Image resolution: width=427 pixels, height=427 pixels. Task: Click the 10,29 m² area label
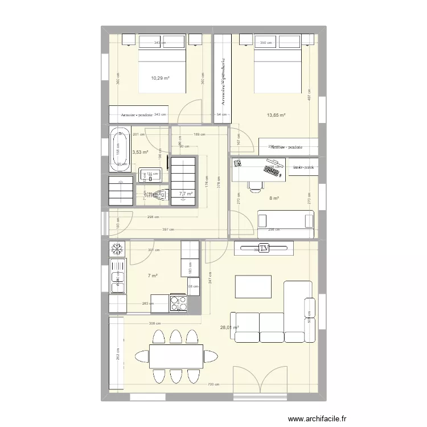point(160,78)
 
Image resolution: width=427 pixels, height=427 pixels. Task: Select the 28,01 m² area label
point(229,327)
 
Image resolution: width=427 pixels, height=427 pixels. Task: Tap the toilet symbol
point(159,196)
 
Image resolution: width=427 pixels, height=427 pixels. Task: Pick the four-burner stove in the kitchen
point(178,303)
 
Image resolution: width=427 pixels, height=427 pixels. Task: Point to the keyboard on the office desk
point(272,169)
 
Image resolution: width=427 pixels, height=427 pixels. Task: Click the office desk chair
point(255,183)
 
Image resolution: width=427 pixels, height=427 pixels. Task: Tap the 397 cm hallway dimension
point(169,230)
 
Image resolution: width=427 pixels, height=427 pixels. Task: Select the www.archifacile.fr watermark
point(317,418)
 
